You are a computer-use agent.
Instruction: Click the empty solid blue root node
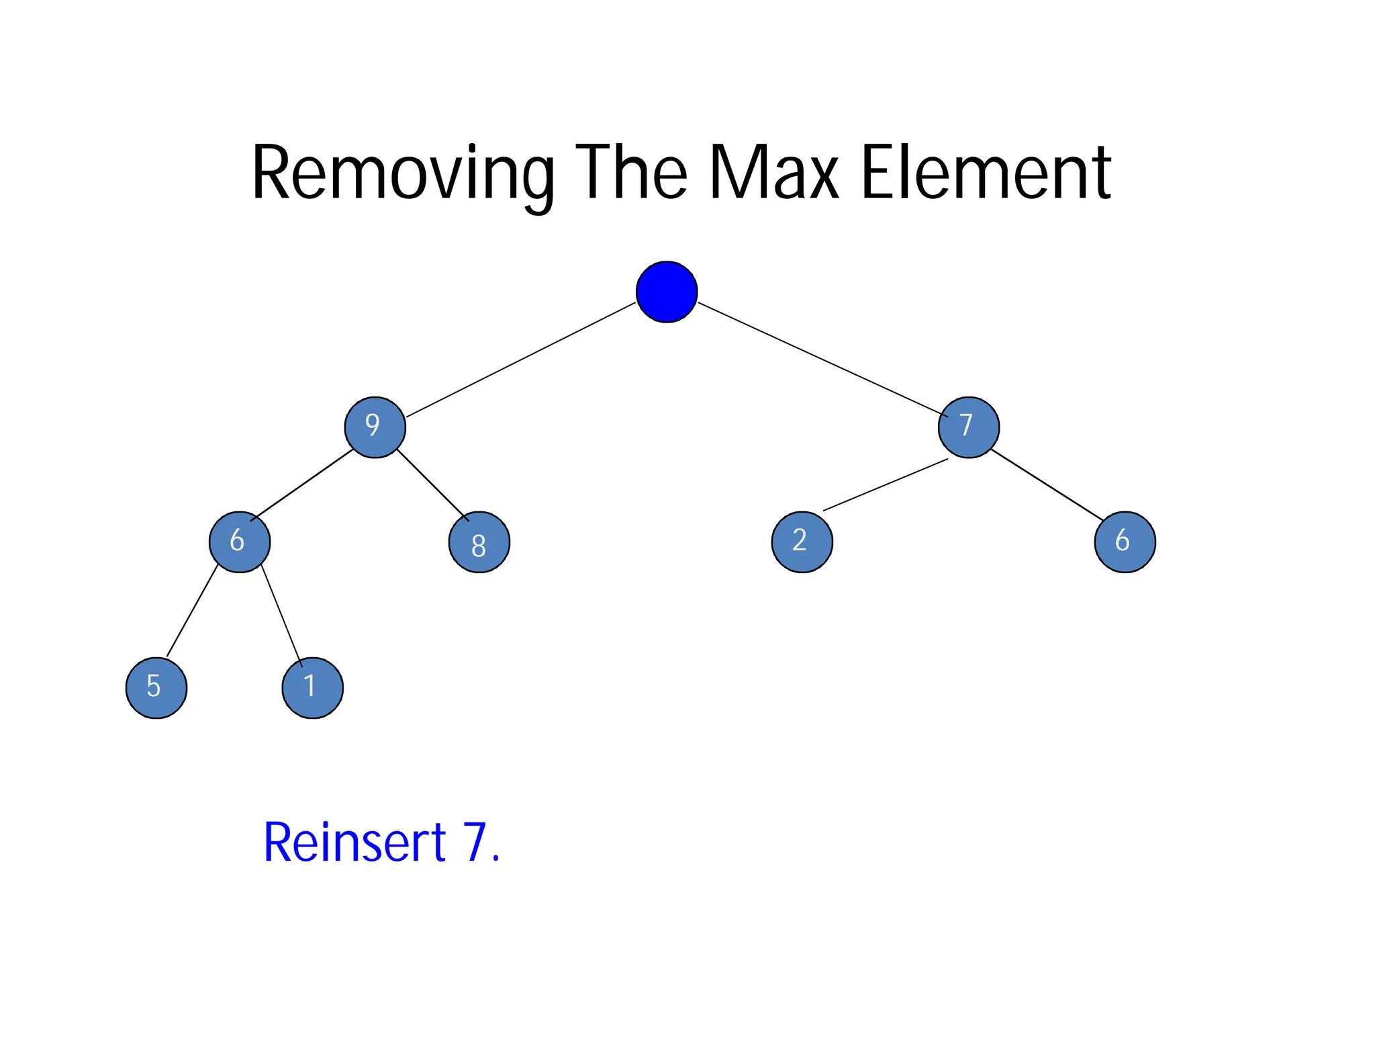(666, 292)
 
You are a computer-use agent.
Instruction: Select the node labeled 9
(375, 427)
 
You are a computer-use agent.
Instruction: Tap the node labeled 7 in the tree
(968, 427)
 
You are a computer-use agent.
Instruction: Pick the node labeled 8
(479, 542)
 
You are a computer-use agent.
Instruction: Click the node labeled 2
(802, 542)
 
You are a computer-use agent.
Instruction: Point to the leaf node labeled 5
(156, 687)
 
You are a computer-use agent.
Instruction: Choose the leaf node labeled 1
(312, 687)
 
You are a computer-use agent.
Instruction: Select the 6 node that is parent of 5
(240, 542)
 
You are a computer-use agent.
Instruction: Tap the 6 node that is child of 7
(1125, 542)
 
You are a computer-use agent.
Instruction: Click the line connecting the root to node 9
(520, 359)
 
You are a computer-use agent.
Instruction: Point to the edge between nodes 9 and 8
(432, 484)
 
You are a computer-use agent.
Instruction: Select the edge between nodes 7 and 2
(885, 484)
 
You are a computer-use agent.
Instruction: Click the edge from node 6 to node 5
(192, 611)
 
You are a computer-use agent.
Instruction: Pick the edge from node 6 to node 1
(281, 615)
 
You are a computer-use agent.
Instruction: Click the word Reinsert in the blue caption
(354, 842)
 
